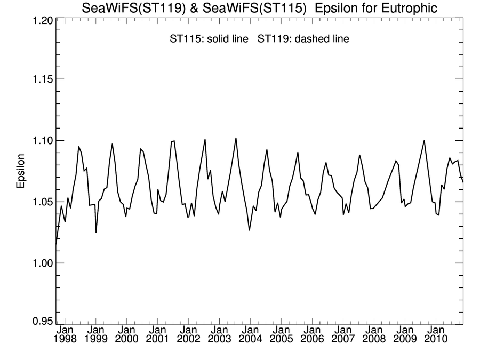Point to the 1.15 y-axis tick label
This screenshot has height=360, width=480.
(39, 79)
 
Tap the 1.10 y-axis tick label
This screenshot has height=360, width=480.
(39, 141)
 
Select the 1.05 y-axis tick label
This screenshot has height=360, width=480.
(39, 202)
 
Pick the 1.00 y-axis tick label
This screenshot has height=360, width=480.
(39, 263)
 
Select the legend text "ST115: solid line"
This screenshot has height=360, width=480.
(205, 39)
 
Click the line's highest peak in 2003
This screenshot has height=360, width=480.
(236, 138)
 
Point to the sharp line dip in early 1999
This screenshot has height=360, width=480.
(96, 232)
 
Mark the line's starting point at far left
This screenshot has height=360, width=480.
(56, 245)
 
